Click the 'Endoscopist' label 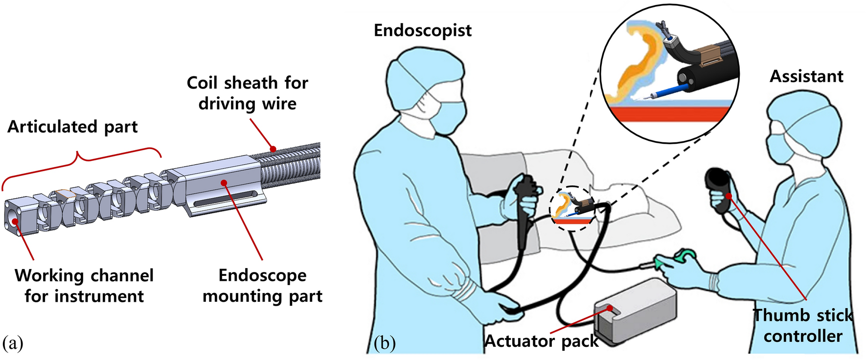pos(422,30)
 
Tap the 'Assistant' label pos(806,76)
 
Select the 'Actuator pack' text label pos(541,341)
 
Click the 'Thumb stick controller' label pos(803,326)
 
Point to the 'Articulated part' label pos(72,127)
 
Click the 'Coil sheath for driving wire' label pos(248,93)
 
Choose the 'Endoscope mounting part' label pos(263,286)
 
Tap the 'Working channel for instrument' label pos(84,286)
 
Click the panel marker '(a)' pos(13,343)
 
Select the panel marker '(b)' pos(385,343)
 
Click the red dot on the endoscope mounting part pos(224,182)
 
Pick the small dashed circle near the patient pos(572,208)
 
